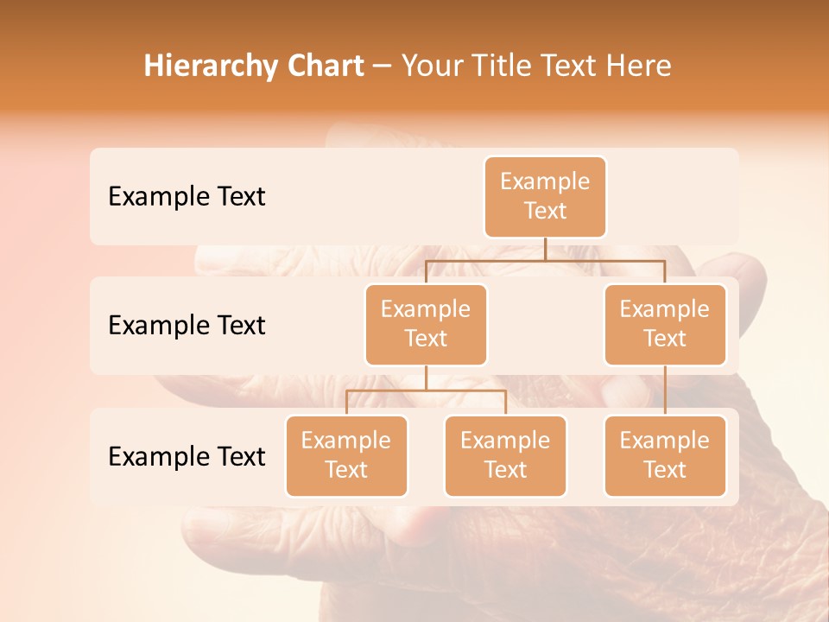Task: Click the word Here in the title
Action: [640, 67]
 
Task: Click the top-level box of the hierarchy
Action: [545, 196]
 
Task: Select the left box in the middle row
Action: [426, 324]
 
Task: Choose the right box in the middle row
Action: [665, 324]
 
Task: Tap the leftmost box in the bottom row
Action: [346, 455]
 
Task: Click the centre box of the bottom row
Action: [505, 455]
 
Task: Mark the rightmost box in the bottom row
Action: [665, 455]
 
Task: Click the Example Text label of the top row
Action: [187, 197]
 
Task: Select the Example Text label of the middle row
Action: [187, 326]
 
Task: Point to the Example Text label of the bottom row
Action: [187, 456]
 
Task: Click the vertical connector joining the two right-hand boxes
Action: [665, 390]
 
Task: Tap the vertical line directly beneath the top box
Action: [545, 249]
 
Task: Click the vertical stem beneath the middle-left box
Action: [426, 378]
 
